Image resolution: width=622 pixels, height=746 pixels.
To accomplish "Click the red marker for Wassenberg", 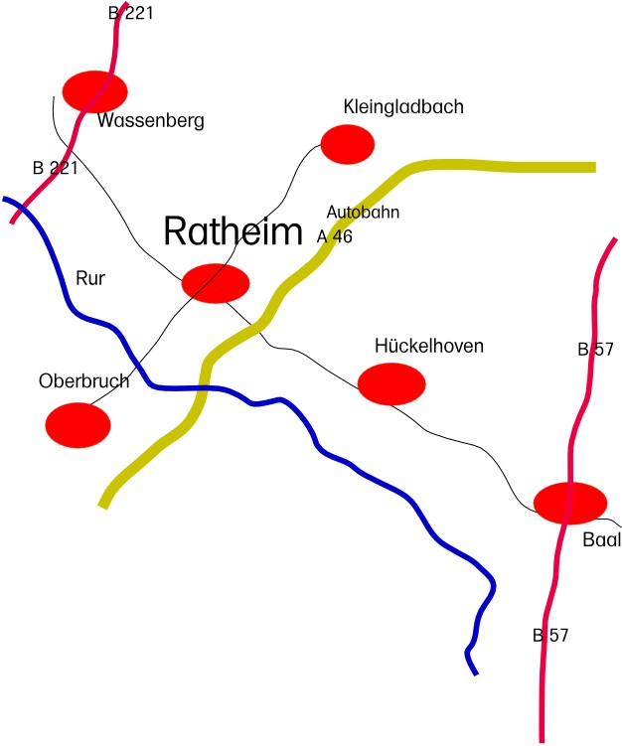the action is pos(95,91).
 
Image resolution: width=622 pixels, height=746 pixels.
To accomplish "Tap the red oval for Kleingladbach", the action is pos(348,144).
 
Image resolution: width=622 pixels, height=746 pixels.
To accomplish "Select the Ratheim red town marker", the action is pos(216,283).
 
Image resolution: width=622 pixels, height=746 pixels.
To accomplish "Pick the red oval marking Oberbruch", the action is pos(78,425).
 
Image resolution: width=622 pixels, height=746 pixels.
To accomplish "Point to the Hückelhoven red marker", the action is pos(391,384).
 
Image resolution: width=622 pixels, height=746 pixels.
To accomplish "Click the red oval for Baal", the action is pos(570,503).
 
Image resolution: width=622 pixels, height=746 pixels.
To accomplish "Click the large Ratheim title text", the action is pos(233,231).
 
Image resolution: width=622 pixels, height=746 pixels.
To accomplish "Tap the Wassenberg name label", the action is pos(151,120).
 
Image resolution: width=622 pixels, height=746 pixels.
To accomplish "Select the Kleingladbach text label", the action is pos(403,106).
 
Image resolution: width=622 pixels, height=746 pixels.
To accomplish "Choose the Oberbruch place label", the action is pos(83,381).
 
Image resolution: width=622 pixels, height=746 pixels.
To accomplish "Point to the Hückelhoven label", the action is pos(429,346).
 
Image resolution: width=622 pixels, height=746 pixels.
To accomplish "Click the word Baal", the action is pos(602,539).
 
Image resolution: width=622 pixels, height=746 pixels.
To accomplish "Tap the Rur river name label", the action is pos(90,278).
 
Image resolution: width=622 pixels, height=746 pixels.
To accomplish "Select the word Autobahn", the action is pos(363,212).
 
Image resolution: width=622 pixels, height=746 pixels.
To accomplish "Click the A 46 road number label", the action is pos(335,236).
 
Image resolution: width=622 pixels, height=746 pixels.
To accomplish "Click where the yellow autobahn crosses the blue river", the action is pos(205,388).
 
